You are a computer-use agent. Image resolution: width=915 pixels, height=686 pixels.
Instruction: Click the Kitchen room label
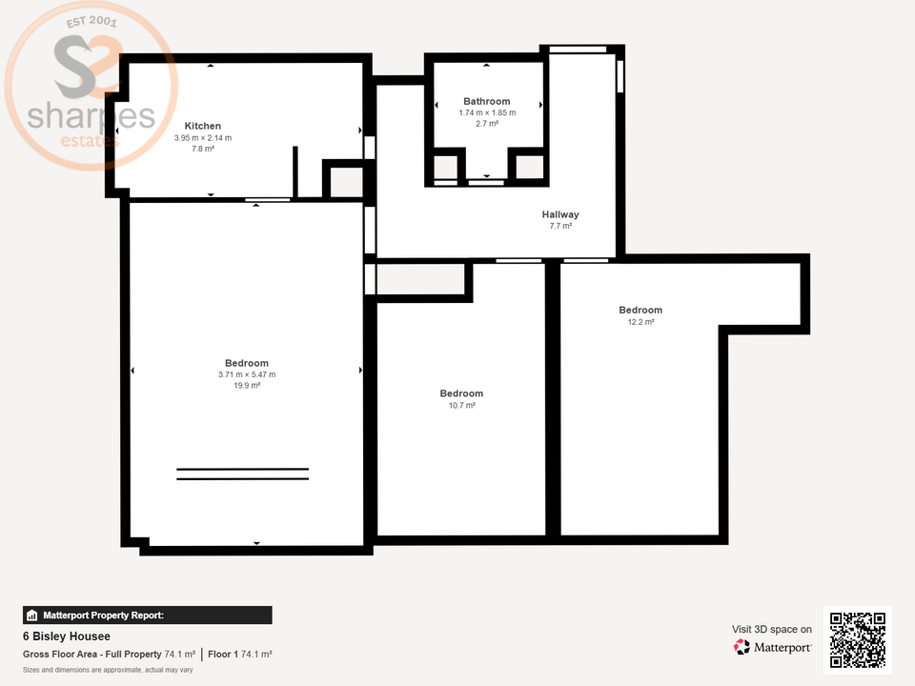(x=202, y=126)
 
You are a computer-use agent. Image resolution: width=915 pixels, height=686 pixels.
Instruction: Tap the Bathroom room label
(x=486, y=101)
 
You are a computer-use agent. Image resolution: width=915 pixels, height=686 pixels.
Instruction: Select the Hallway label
(x=560, y=214)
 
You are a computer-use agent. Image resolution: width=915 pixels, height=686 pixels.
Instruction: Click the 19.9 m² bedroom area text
(x=247, y=386)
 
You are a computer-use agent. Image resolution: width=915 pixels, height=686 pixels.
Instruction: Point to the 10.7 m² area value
(x=461, y=405)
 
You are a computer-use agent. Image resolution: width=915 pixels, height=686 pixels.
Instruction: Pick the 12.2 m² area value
(x=640, y=322)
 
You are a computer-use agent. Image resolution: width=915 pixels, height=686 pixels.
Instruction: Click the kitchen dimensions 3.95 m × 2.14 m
(x=202, y=138)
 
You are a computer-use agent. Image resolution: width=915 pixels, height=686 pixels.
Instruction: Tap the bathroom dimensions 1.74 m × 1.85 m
(x=486, y=112)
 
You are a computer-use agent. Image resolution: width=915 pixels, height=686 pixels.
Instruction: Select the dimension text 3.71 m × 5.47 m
(x=247, y=374)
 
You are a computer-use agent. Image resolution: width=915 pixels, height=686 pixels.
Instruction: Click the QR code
(x=857, y=639)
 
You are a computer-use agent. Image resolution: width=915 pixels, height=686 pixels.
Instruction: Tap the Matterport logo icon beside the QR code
(x=742, y=647)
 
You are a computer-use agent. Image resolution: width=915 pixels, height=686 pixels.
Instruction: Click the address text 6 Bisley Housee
(x=67, y=636)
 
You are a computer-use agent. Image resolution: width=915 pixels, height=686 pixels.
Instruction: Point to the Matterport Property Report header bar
(x=147, y=615)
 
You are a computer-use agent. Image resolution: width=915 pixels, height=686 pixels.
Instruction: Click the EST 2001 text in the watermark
(x=89, y=24)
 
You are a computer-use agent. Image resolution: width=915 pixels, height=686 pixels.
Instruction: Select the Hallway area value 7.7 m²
(x=560, y=227)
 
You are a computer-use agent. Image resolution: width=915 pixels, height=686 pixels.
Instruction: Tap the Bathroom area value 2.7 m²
(x=486, y=124)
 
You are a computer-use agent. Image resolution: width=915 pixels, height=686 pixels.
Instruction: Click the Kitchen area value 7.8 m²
(x=202, y=150)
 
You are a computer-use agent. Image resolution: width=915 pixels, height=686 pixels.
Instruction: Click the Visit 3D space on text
(x=772, y=629)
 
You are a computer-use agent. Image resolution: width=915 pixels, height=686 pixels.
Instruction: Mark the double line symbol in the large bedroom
(x=242, y=474)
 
